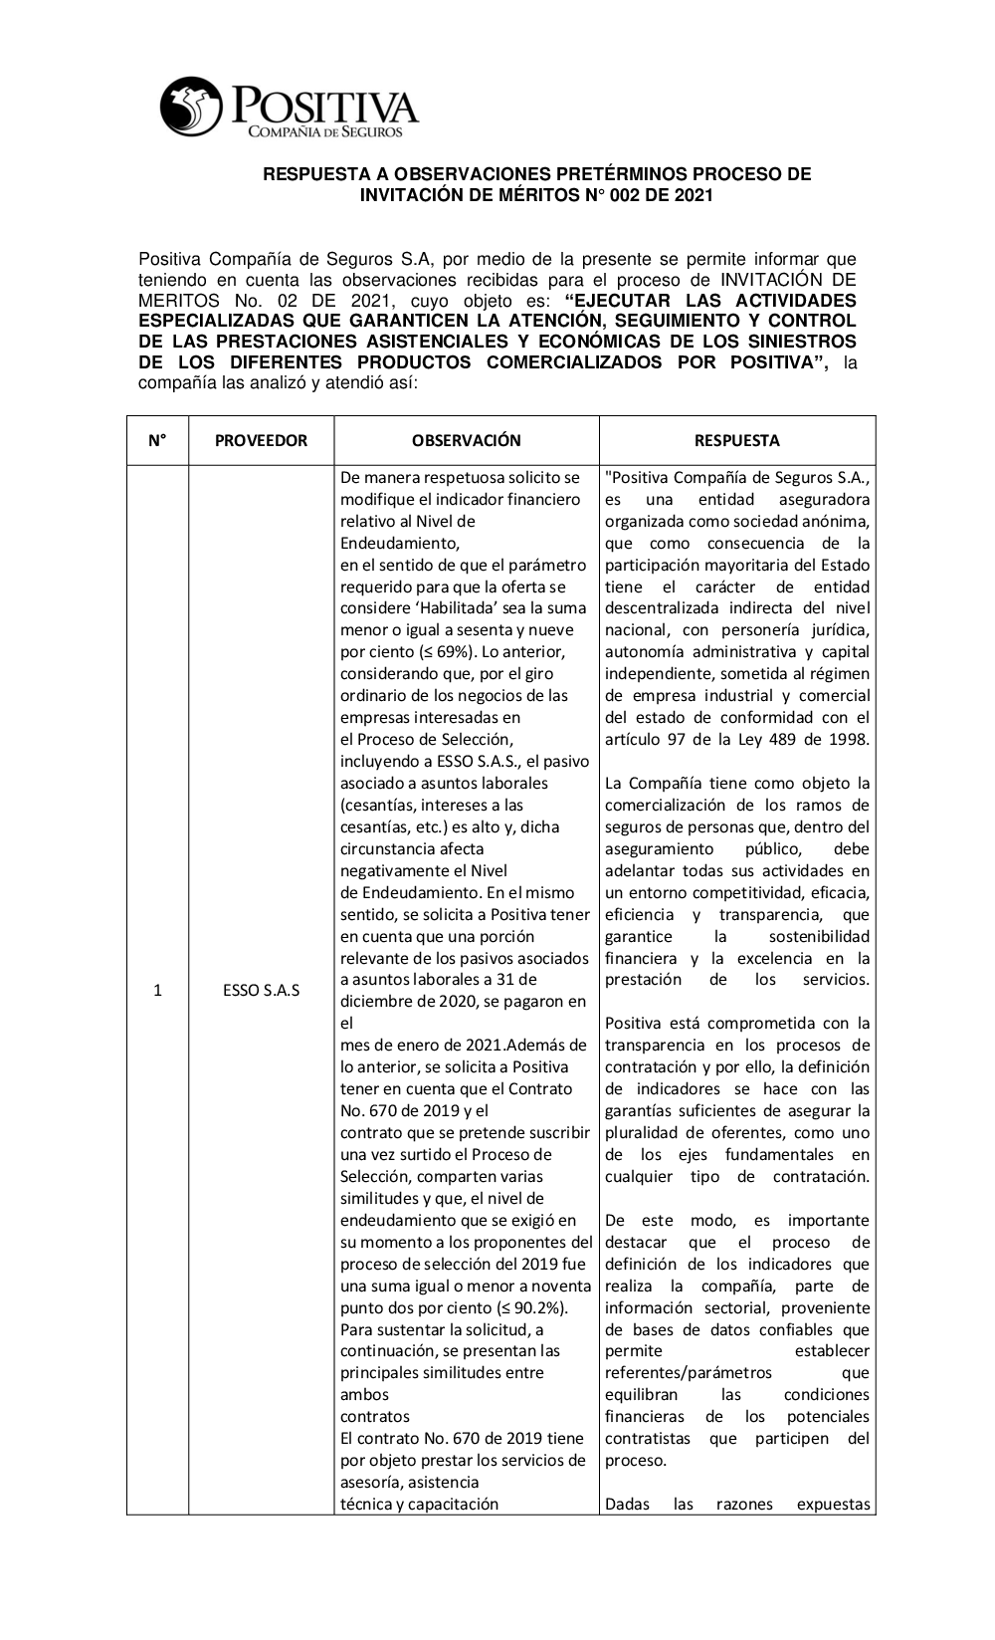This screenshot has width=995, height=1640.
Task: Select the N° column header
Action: click(x=157, y=440)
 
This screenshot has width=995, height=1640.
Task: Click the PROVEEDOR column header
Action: click(x=261, y=440)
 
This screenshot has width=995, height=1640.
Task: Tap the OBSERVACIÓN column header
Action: click(x=466, y=440)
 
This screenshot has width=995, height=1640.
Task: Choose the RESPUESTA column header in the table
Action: click(x=736, y=440)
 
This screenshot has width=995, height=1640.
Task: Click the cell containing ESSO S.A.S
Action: click(x=261, y=991)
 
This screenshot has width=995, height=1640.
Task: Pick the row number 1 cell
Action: click(x=157, y=991)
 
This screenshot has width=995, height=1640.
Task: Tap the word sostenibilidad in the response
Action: click(x=818, y=937)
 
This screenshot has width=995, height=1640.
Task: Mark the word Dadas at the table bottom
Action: click(x=628, y=1505)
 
